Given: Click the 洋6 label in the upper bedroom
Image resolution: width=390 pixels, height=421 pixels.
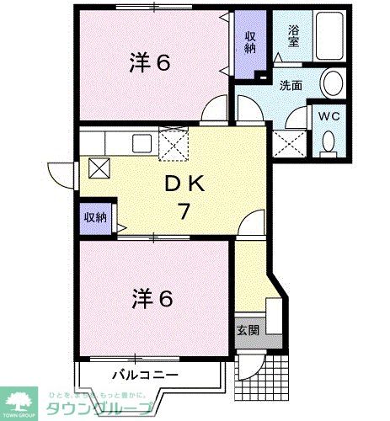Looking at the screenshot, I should coord(152,62).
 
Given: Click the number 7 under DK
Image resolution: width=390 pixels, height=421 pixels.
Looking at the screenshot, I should coord(182,211).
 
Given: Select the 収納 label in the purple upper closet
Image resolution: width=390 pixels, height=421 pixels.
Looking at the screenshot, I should coord(251,43).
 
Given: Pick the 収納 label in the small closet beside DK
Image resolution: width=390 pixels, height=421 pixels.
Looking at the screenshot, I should coord(95,216).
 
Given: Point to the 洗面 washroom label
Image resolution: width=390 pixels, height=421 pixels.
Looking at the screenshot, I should coord(291,85).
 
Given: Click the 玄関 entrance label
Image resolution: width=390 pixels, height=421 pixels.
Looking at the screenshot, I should coord(248,330).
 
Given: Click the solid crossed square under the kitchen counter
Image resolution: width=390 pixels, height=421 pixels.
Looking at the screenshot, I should coord(99,168).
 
